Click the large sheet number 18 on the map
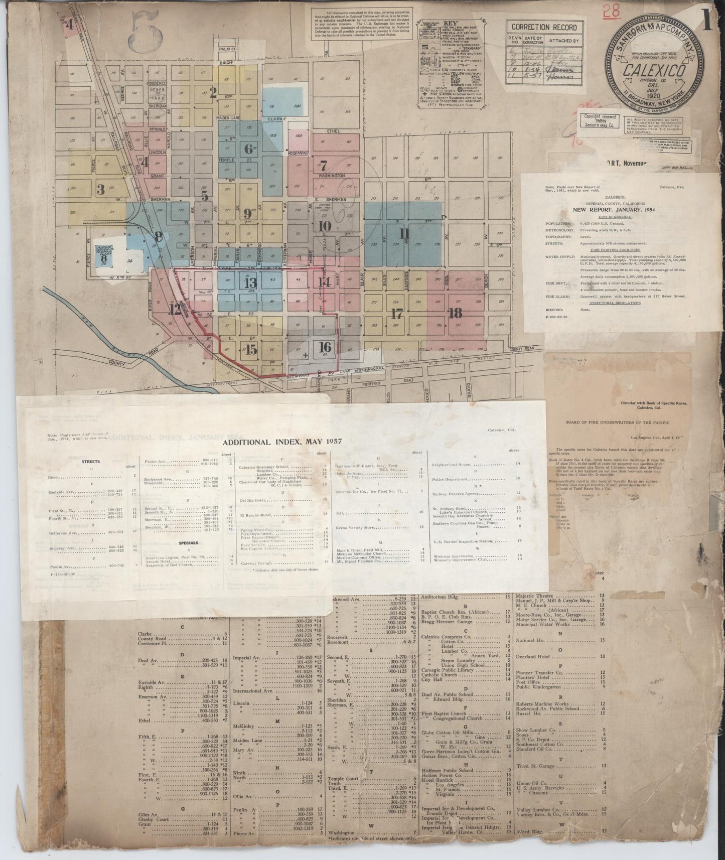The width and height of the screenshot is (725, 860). coord(455,314)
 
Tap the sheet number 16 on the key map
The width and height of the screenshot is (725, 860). coord(325,347)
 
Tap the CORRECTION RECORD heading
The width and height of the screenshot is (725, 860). coord(544,27)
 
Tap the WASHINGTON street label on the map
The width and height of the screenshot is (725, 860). coord(331,176)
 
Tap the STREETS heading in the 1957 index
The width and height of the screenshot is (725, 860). coord(90,462)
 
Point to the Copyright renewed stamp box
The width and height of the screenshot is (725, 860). coord(599,120)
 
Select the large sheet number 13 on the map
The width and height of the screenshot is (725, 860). coord(250,282)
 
